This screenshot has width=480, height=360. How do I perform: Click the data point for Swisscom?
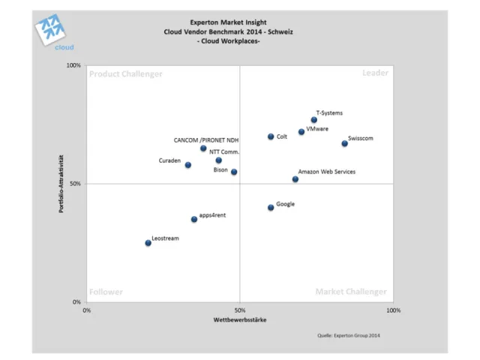pyautogui.click(x=344, y=143)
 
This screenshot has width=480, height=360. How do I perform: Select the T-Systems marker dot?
pyautogui.click(x=313, y=120)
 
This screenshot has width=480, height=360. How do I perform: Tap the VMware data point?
pyautogui.click(x=301, y=132)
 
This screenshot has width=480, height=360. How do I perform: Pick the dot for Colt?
pyautogui.click(x=271, y=136)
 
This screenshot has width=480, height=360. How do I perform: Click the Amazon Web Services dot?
pyautogui.click(x=295, y=179)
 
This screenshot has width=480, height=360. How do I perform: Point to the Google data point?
pyautogui.click(x=271, y=207)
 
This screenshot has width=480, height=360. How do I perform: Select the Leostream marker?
pyautogui.click(x=148, y=243)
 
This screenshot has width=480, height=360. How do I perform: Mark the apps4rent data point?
pyautogui.click(x=193, y=219)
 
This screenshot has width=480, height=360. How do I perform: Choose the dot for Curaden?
pyautogui.click(x=187, y=165)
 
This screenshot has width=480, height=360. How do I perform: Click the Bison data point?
pyautogui.click(x=234, y=172)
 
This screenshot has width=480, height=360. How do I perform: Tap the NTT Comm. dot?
pyautogui.click(x=218, y=160)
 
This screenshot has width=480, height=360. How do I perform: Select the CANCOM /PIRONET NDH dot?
pyautogui.click(x=203, y=148)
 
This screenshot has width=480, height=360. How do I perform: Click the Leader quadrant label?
pyautogui.click(x=374, y=73)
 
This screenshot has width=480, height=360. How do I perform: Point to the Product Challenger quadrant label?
pyautogui.click(x=125, y=73)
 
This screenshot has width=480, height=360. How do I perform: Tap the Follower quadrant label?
pyautogui.click(x=106, y=292)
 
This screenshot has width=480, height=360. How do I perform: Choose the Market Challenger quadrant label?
pyautogui.click(x=351, y=292)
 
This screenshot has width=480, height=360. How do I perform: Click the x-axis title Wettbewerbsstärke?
pyautogui.click(x=239, y=320)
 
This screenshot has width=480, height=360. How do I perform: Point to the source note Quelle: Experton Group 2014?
pyautogui.click(x=349, y=335)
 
